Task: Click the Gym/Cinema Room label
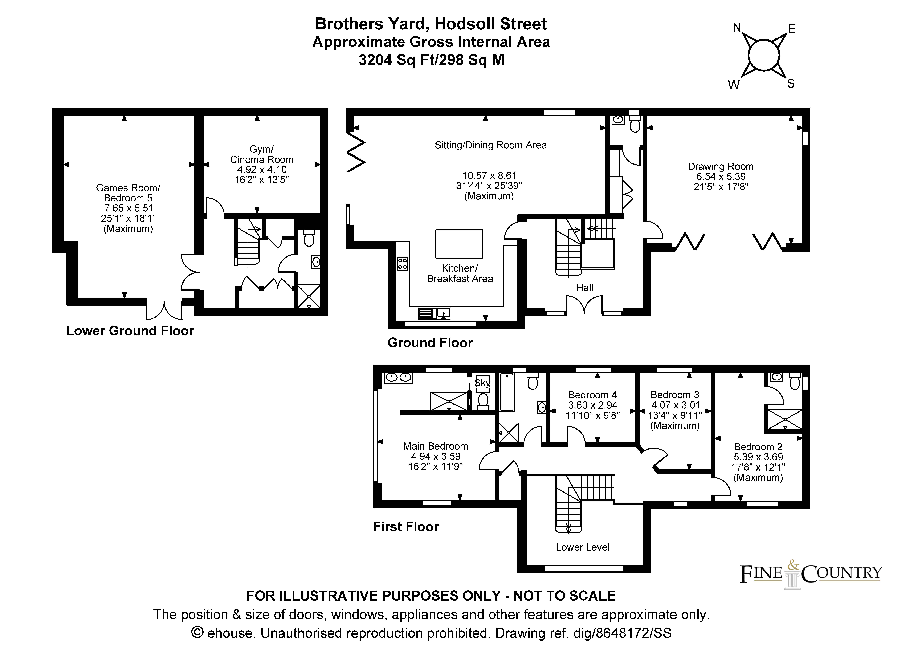pos(262,154)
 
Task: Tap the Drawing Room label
pos(721,166)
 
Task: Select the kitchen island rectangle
pos(459,244)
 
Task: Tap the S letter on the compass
pos(791,84)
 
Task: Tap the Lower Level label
pos(583,547)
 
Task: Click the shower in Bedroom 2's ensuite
pos(785,419)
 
